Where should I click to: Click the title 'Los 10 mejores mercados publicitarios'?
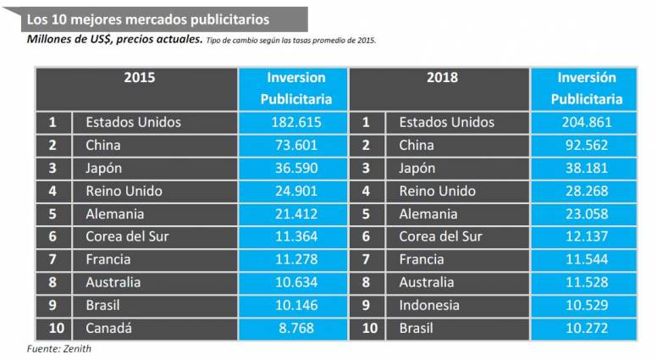tap(149, 19)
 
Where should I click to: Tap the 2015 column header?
tap(139, 78)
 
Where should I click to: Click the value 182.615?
tap(295, 122)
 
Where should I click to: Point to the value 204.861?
tap(586, 122)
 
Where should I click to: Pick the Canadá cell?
tap(109, 328)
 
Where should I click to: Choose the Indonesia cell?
tap(429, 305)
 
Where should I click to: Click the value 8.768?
tap(295, 328)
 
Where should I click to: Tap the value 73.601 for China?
tap(295, 145)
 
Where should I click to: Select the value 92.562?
tap(586, 145)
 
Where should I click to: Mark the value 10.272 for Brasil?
tap(586, 328)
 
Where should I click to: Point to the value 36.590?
tap(295, 168)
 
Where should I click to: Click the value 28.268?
tap(586, 191)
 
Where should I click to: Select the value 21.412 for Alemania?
tap(295, 213)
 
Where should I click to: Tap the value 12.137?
tap(586, 236)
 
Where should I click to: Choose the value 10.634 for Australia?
tap(295, 282)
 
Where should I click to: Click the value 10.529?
tap(586, 305)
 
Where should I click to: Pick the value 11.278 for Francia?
tap(295, 259)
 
